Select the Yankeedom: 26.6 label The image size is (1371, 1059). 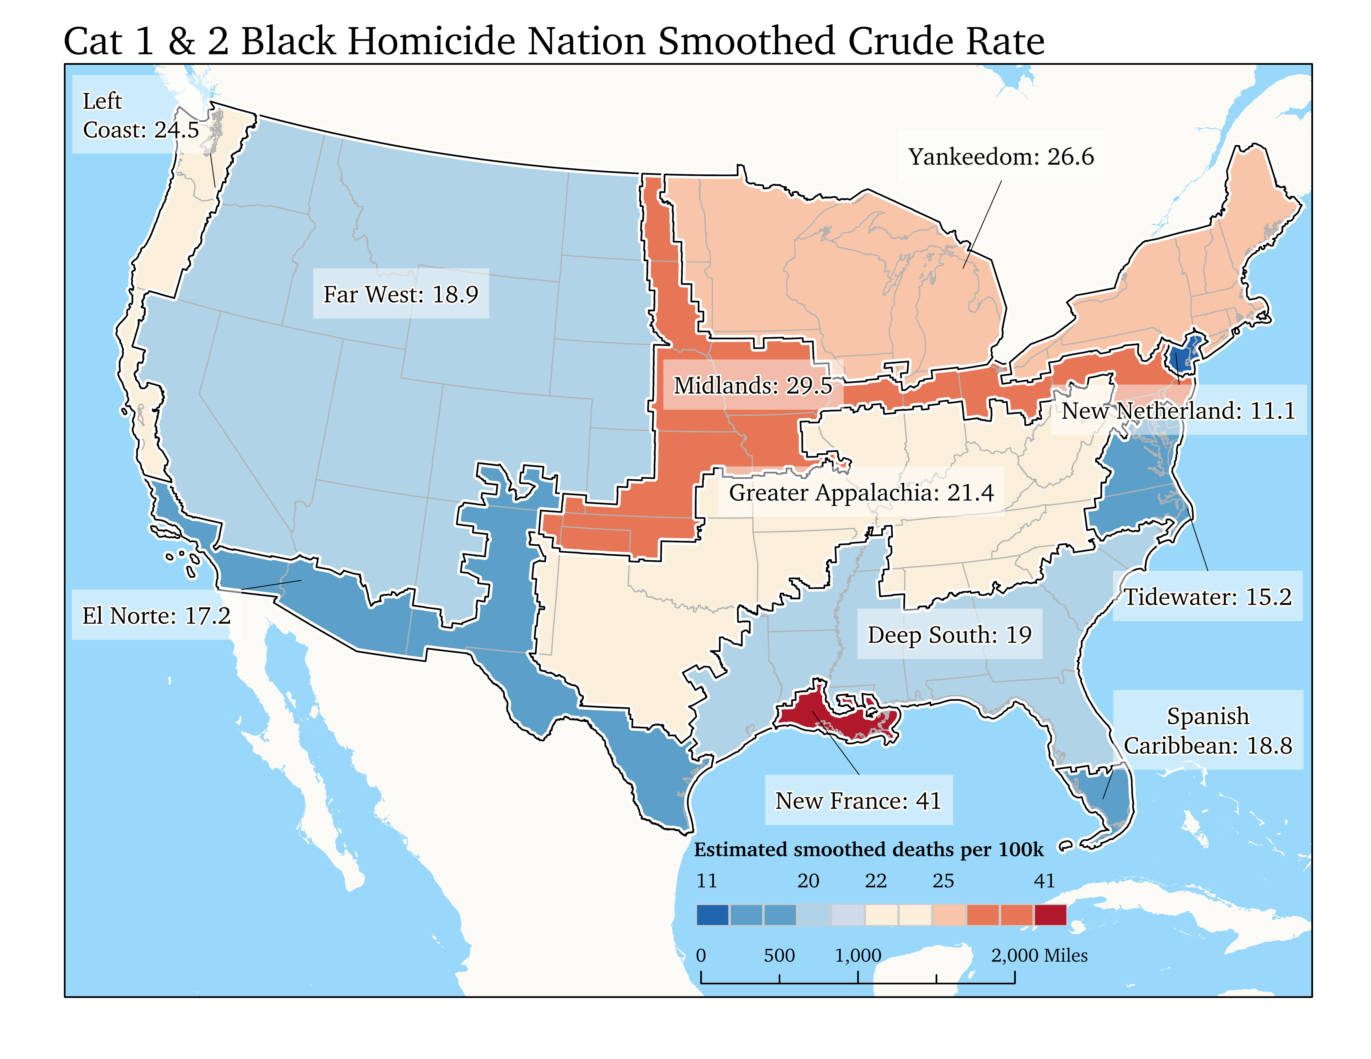[1001, 156]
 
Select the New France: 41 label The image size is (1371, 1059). [858, 800]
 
